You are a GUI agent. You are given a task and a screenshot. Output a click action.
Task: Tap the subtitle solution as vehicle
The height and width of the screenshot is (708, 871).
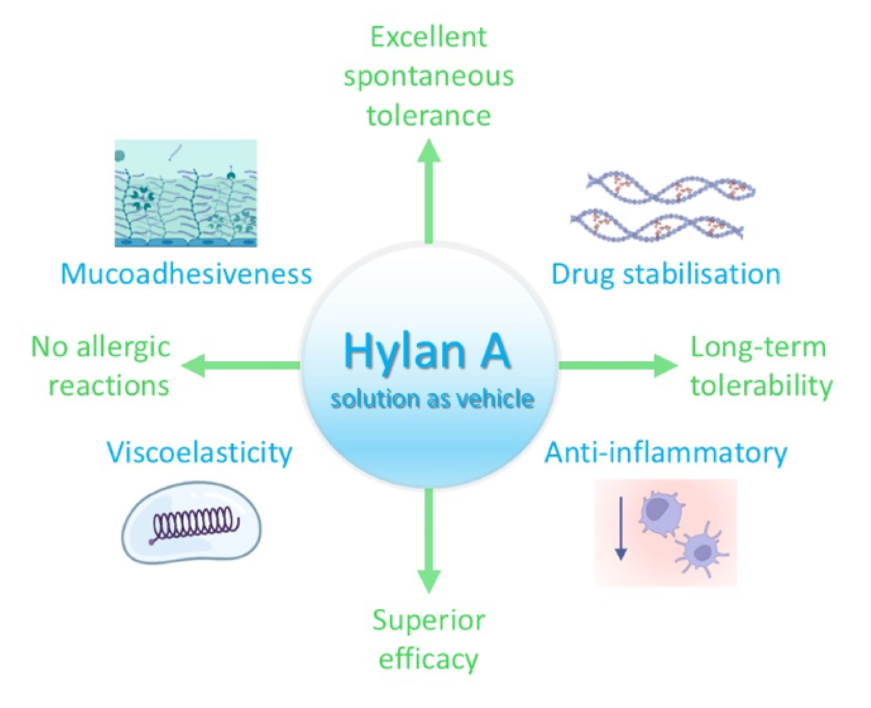coord(432,399)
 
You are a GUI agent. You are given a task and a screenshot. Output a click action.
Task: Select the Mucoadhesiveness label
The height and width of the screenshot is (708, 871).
coord(186,274)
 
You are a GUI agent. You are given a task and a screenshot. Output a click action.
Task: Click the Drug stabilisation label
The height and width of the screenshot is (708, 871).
coord(666,274)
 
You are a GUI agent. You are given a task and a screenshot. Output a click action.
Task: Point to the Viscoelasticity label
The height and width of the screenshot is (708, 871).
coord(199,452)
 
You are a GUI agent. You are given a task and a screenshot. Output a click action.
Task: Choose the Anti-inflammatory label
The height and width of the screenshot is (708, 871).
coord(666,452)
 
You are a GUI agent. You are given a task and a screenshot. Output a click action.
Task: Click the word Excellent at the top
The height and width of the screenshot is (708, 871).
coord(429,37)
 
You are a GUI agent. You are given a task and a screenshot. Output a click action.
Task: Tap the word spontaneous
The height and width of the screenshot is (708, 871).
coord(429,76)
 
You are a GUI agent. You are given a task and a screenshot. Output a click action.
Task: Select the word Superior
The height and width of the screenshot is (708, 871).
coord(429,620)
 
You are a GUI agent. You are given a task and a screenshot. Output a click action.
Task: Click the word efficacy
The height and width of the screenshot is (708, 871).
coord(429,659)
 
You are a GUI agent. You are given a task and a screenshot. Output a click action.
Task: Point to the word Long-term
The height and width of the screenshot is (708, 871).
coord(758,347)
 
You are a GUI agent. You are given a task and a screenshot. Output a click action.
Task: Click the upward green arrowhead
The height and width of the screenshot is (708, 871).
coord(428,150)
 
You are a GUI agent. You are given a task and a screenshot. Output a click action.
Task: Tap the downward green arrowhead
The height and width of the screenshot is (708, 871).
coord(428,581)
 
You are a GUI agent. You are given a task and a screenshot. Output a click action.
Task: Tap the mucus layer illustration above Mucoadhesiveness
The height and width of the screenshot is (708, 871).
coord(186,193)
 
